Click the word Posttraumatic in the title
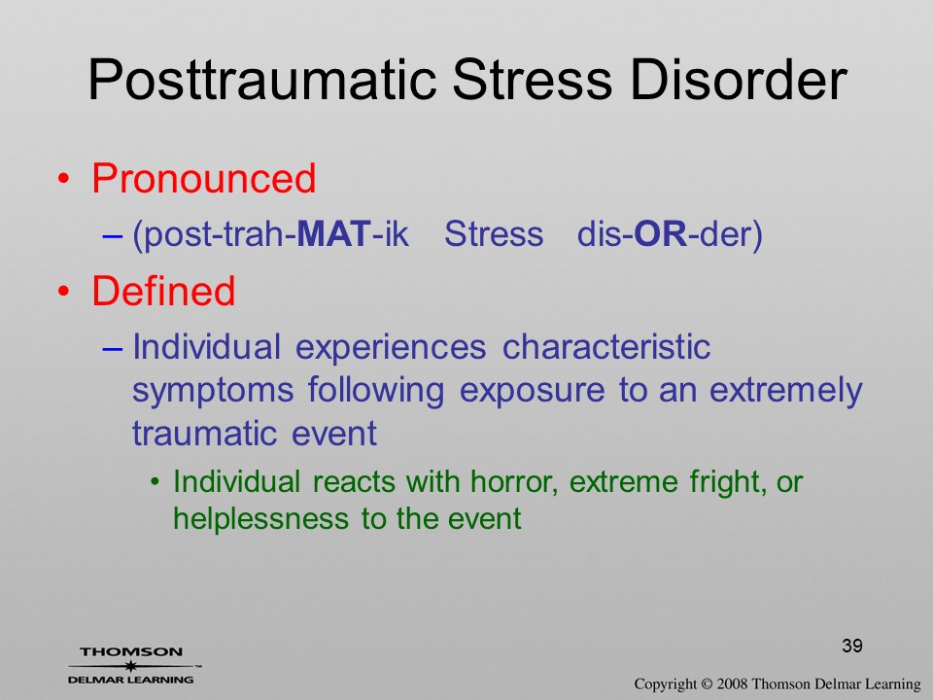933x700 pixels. tap(262, 80)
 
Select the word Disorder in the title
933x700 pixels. tap(739, 80)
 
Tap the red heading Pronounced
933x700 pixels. tap(203, 179)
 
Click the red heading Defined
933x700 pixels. tap(163, 291)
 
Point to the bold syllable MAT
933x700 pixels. tap(334, 233)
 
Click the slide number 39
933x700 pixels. tap(852, 646)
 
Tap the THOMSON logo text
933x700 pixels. tap(131, 651)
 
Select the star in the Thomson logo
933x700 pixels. tap(130, 666)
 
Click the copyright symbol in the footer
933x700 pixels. tap(707, 684)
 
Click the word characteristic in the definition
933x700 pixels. tap(606, 346)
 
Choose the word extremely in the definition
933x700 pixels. tap(785, 392)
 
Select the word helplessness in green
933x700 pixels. tap(260, 518)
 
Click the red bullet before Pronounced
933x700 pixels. tap(64, 179)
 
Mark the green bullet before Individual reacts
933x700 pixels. tap(155, 482)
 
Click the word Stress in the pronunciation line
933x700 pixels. tap(494, 233)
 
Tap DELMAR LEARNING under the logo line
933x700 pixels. tap(130, 680)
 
